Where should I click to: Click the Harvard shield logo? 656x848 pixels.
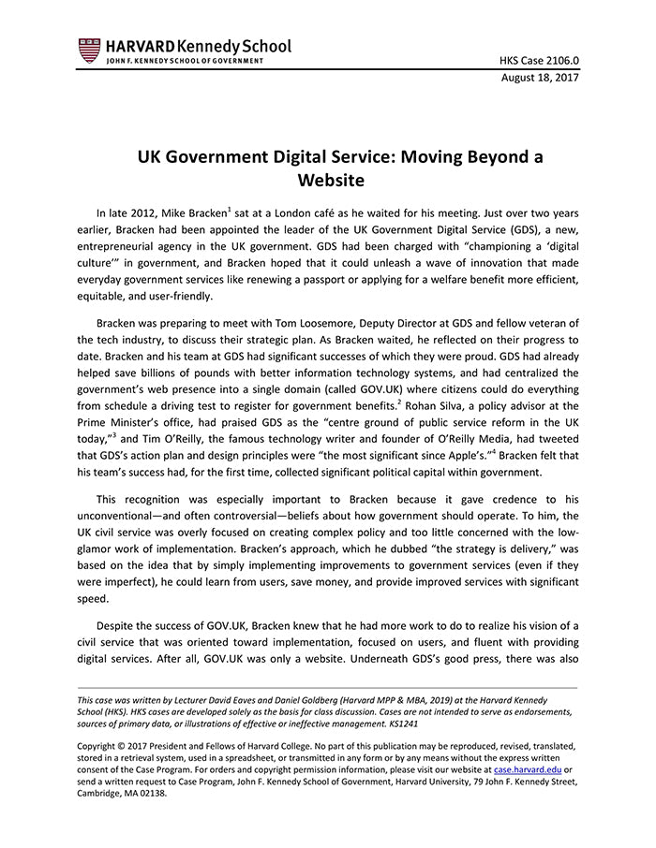[x=89, y=50]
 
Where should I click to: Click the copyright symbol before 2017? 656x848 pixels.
[x=125, y=746]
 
